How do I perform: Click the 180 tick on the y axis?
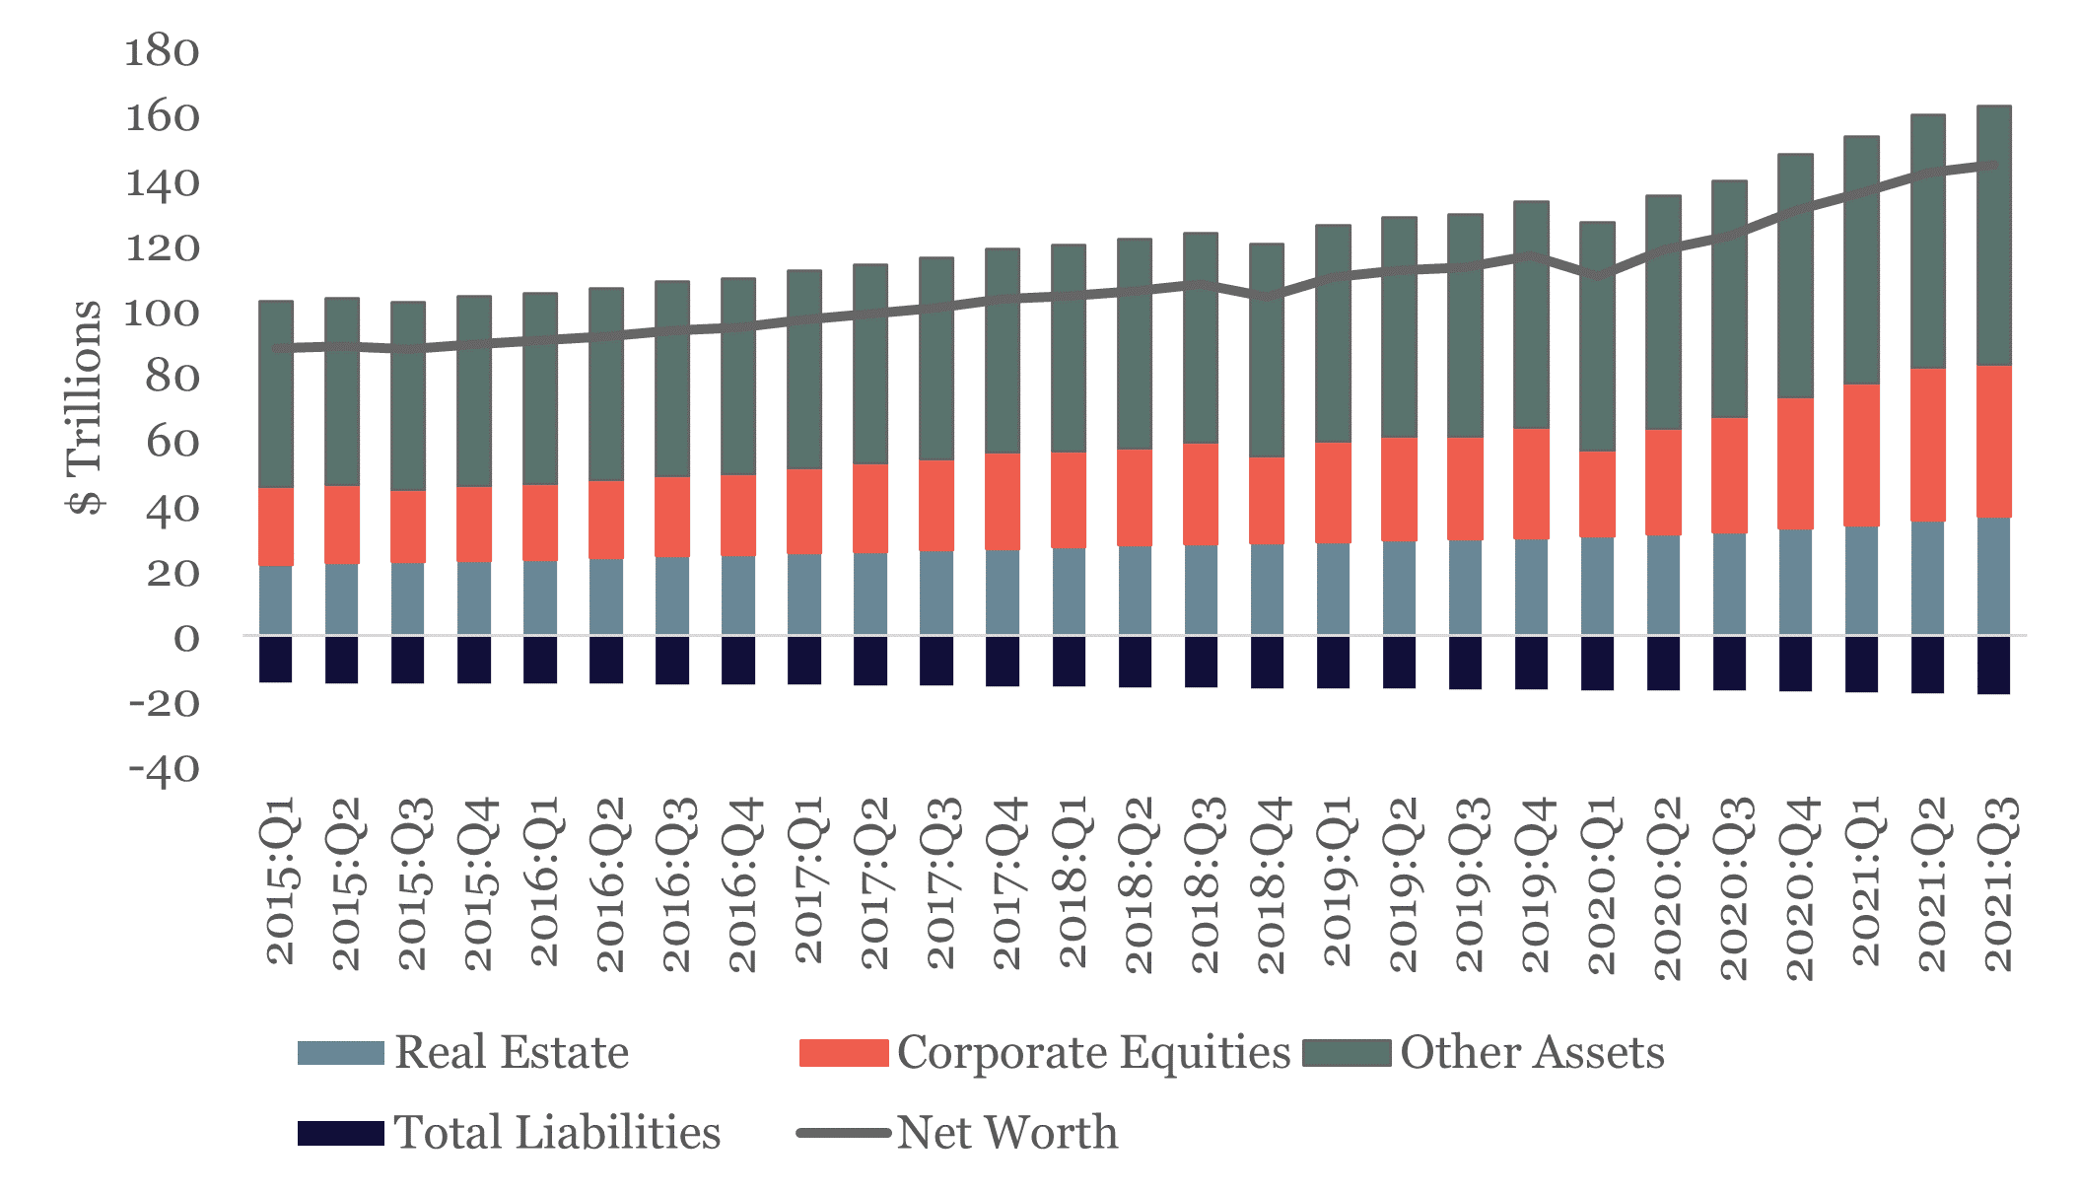coord(162,51)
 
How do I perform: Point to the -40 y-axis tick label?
coord(164,768)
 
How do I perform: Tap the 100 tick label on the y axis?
coord(162,313)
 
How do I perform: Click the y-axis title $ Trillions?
coord(86,406)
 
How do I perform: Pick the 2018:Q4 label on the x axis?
coord(1272,884)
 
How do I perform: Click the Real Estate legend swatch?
coord(340,1053)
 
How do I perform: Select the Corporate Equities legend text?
coord(1092,1053)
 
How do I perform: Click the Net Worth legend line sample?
coord(843,1133)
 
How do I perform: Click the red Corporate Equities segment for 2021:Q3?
coord(1994,442)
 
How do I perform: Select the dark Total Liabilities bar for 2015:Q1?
coord(276,660)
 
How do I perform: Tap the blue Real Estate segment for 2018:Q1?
coord(1070,592)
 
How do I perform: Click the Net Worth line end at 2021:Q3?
coord(1993,166)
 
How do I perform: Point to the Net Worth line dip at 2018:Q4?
coord(1268,296)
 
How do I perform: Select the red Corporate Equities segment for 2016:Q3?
coord(672,517)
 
